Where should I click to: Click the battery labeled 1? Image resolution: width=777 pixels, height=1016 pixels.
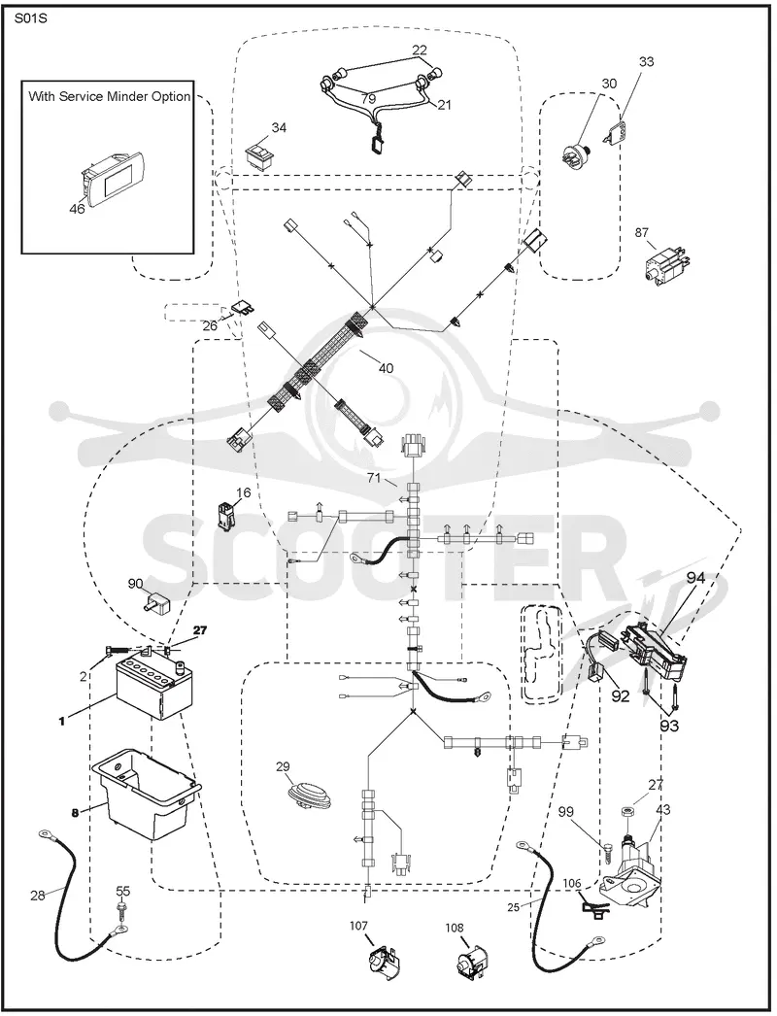154,688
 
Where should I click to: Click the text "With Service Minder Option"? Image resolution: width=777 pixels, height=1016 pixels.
110,96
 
